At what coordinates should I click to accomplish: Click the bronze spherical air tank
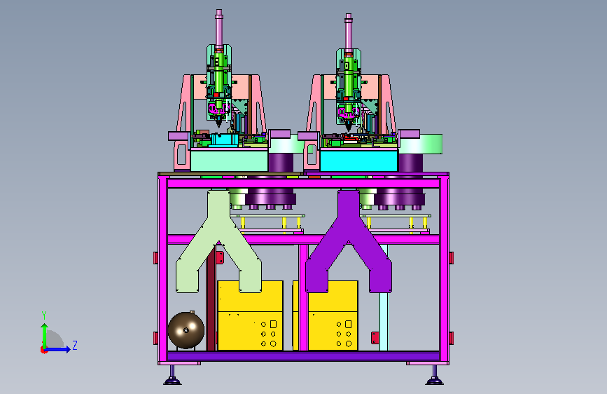coord(186,330)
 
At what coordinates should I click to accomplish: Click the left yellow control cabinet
coord(251,315)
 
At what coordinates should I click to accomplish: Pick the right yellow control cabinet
coord(329,315)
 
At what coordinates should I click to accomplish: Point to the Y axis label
coord(44,315)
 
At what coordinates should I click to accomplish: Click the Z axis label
coord(75,345)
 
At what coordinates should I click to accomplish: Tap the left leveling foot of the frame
coord(172,375)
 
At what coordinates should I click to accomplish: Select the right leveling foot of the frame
coord(434,375)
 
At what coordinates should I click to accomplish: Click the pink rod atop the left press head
coord(219,27)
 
